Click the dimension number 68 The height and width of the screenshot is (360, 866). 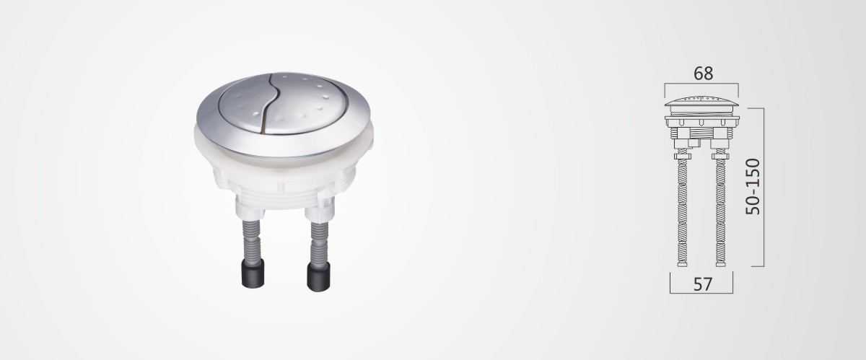click(703, 73)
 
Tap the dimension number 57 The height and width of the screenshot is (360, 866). click(702, 284)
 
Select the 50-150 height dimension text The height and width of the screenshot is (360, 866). click(753, 187)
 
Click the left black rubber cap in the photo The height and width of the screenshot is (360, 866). click(253, 273)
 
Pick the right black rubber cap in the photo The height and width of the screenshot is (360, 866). click(318, 276)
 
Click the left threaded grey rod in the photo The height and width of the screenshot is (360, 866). click(251, 240)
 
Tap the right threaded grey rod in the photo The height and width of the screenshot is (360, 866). click(319, 242)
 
